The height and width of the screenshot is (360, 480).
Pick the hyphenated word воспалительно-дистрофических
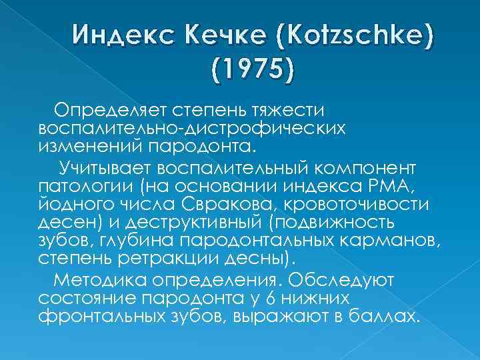[192, 127]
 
